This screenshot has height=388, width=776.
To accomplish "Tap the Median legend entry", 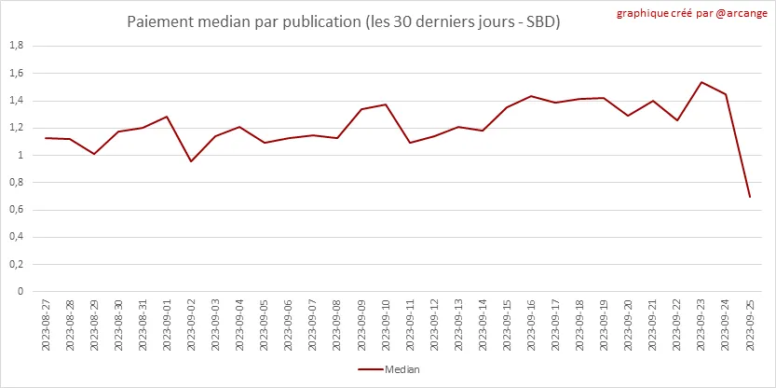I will tap(389, 369).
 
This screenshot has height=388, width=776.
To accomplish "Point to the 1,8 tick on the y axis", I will tap(16, 46).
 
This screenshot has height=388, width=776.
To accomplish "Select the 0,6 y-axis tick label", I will tap(16, 209).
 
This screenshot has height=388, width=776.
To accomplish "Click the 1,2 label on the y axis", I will tap(16, 128).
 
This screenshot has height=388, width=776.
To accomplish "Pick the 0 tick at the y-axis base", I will tap(20, 291).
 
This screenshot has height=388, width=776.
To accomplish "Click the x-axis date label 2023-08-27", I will tap(46, 324).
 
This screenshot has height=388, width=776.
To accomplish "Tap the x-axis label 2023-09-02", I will tap(192, 324).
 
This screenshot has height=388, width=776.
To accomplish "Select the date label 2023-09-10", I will tap(386, 324).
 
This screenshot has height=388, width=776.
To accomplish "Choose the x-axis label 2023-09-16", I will tap(531, 324).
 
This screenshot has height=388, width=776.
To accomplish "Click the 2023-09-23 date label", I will tap(701, 324).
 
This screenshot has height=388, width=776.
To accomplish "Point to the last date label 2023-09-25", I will tap(750, 324).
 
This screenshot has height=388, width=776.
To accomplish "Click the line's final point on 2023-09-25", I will tap(750, 197).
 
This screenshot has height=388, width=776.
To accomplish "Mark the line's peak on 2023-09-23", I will tap(701, 82).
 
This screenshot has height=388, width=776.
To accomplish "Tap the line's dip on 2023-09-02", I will tap(192, 161).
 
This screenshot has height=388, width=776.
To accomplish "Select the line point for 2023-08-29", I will tap(94, 154).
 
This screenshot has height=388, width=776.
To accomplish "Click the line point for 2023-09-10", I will tap(386, 104).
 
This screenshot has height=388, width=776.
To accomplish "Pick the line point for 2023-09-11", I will tap(410, 143).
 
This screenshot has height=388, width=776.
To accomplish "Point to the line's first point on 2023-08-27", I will tap(46, 138).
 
